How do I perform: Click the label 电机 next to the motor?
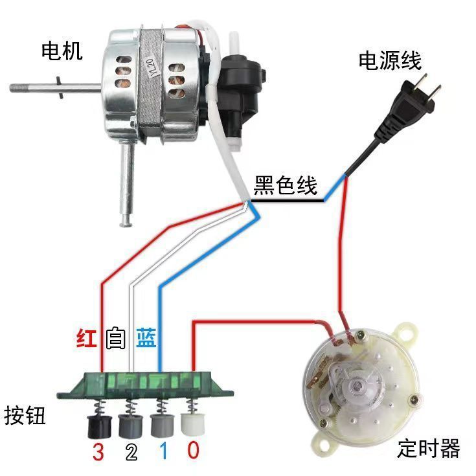(x=62, y=51)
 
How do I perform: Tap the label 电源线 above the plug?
(x=390, y=61)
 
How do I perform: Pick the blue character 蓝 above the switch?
(x=146, y=338)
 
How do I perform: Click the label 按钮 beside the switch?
(x=25, y=414)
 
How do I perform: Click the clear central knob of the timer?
(x=357, y=389)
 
